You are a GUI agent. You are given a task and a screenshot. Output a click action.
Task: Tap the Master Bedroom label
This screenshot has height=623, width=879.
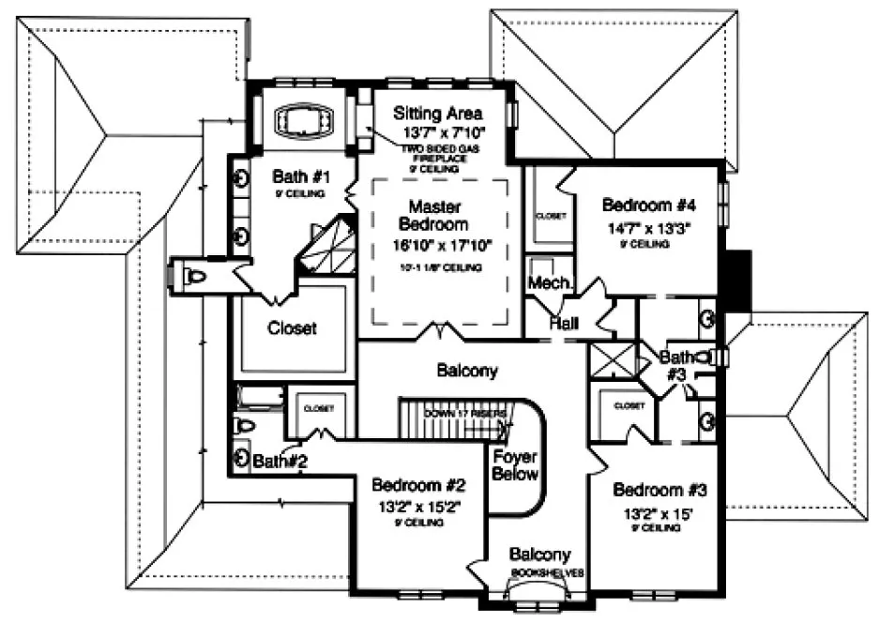(432, 215)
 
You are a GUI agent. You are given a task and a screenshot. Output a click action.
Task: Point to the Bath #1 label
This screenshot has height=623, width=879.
(301, 175)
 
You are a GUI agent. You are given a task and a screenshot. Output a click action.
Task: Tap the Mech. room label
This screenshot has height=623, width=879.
(545, 282)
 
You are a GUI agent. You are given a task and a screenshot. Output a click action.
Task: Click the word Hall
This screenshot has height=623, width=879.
(566, 324)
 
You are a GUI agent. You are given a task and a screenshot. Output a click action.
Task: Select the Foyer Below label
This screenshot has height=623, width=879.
(515, 465)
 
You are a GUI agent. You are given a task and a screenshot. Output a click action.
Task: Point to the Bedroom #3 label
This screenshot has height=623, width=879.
(659, 490)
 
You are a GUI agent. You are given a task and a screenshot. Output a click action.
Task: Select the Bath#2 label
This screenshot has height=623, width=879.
(280, 461)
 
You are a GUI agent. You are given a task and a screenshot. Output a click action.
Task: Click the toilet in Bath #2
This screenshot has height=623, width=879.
(243, 425)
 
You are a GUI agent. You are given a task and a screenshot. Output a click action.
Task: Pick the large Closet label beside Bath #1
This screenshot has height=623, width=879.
(292, 328)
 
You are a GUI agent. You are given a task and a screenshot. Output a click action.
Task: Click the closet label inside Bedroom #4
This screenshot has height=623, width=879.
(552, 215)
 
